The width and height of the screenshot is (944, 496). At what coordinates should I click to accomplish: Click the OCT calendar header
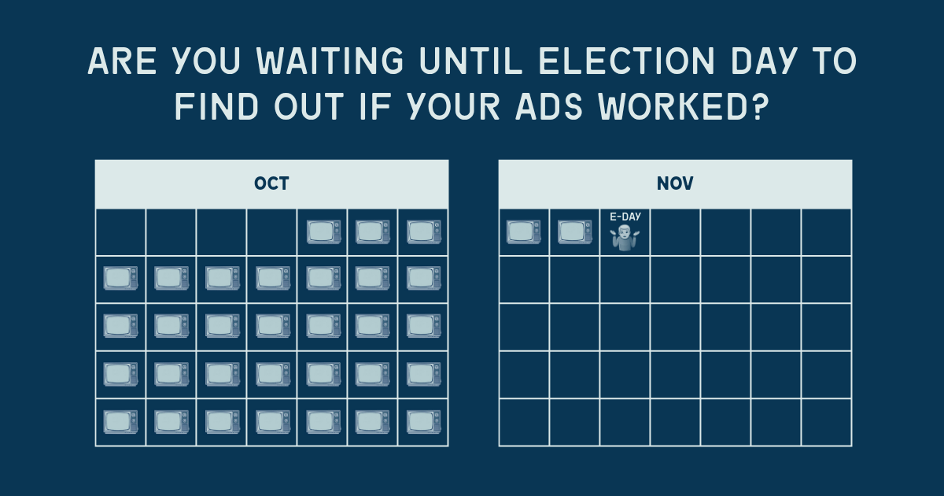[x=271, y=184]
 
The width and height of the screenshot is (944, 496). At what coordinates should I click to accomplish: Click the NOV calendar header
[x=675, y=184]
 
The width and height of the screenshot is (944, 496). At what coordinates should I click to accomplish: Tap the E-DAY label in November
[x=625, y=217]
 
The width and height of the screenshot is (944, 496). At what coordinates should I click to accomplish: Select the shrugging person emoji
[x=625, y=237]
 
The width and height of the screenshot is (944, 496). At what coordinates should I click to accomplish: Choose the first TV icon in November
[x=524, y=231]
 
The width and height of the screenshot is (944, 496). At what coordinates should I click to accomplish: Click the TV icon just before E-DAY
[x=574, y=231]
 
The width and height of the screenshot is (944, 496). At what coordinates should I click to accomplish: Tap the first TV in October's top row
[x=323, y=231]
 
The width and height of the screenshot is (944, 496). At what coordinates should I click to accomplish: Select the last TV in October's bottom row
[x=423, y=422]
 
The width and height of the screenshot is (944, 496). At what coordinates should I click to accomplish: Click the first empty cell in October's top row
[x=121, y=231]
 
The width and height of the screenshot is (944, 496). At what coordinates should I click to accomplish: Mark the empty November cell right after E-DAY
[x=675, y=231]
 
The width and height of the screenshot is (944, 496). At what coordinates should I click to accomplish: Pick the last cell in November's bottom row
[x=826, y=422]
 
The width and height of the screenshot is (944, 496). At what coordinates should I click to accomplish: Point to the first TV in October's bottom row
[x=121, y=422]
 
